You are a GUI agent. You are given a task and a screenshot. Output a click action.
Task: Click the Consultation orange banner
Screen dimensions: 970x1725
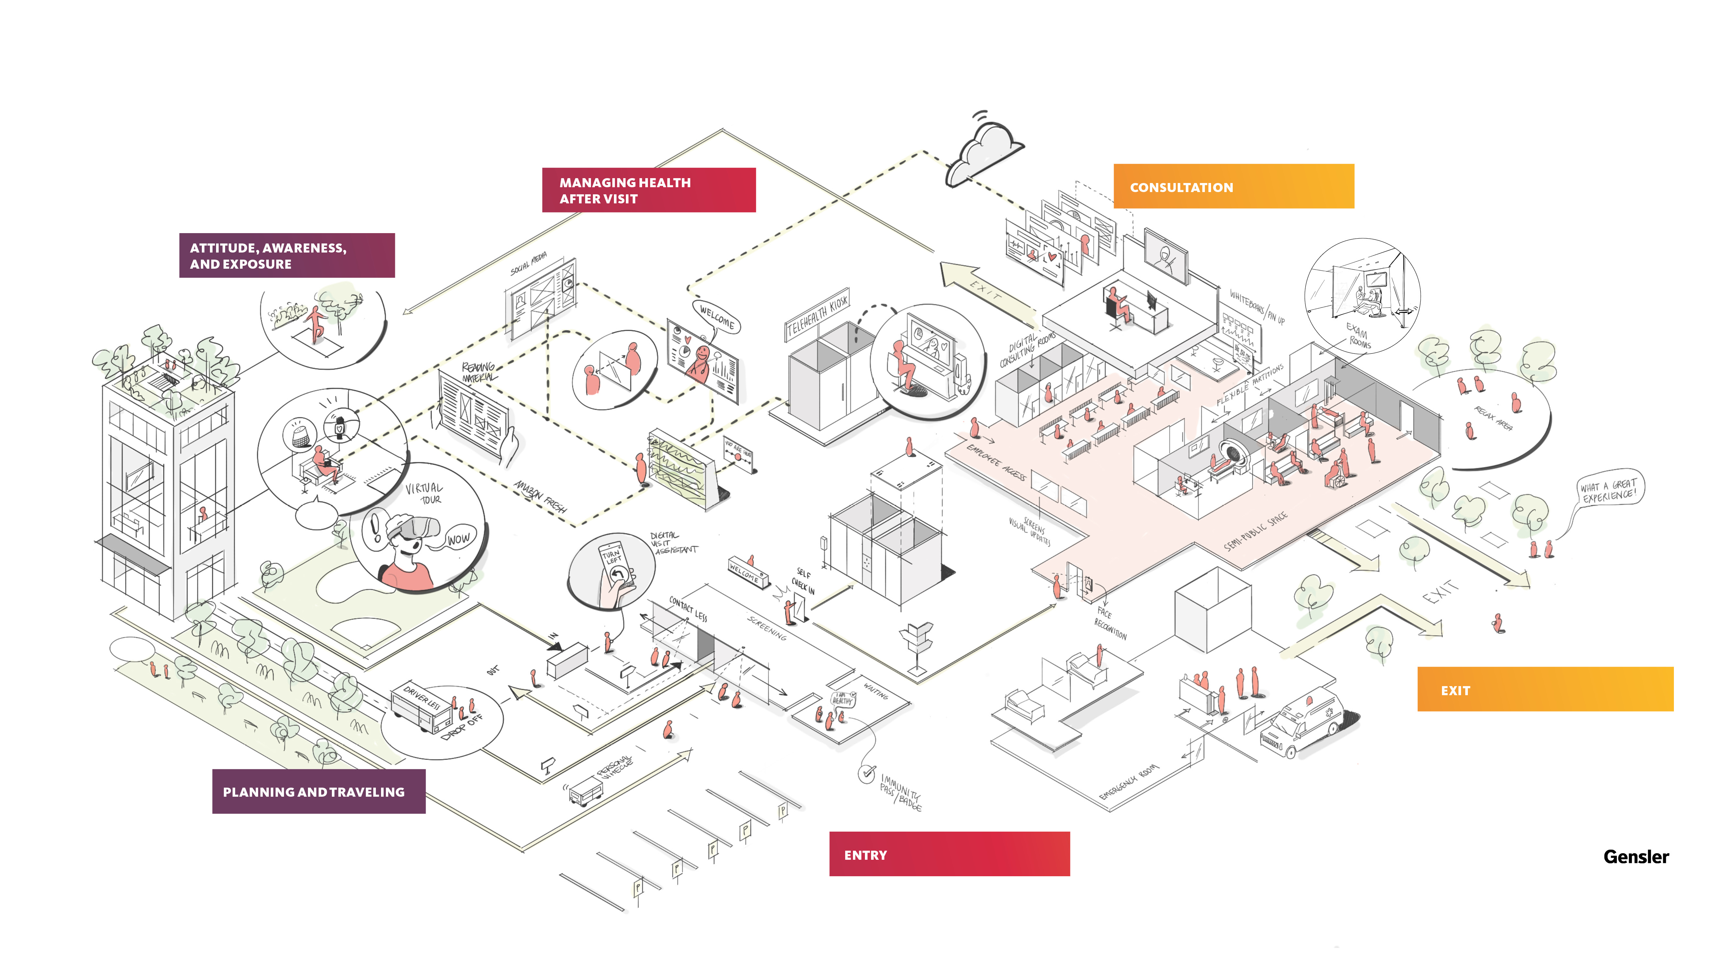click(x=1233, y=187)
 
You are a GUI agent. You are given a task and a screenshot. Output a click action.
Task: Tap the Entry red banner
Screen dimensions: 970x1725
click(x=949, y=854)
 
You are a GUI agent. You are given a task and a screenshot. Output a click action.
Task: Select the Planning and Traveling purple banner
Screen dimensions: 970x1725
click(x=319, y=792)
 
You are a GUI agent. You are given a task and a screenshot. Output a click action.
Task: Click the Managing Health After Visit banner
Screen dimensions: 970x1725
click(x=648, y=190)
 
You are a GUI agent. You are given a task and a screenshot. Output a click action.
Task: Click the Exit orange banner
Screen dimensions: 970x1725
click(x=1544, y=690)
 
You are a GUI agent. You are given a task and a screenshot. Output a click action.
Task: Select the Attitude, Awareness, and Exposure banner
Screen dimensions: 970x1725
click(x=287, y=256)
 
